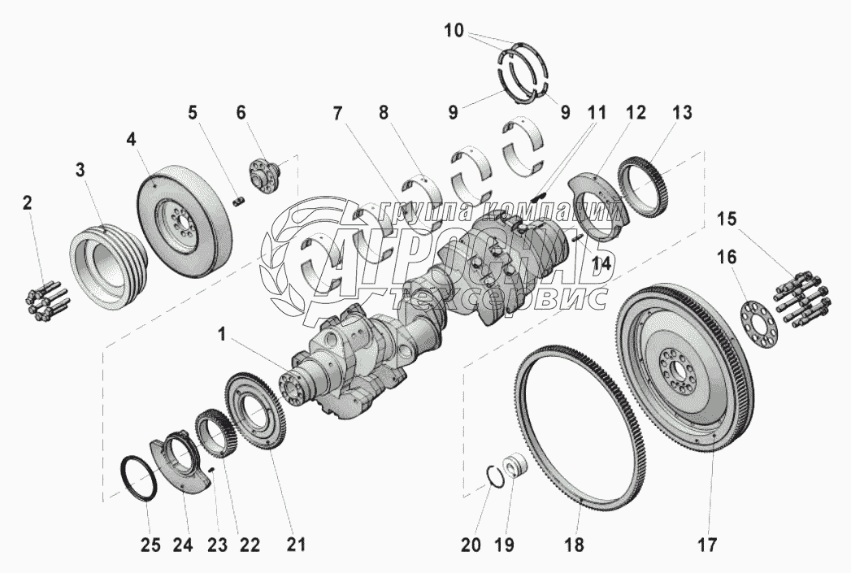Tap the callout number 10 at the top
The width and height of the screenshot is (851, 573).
click(x=454, y=32)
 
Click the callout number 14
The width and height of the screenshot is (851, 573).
click(x=601, y=262)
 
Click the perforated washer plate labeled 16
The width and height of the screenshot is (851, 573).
click(x=758, y=323)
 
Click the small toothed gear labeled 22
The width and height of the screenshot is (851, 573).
click(x=215, y=431)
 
